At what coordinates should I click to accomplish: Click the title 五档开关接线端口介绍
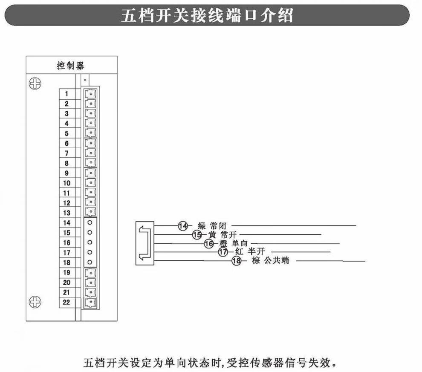(207, 16)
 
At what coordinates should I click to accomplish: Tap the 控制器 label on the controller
(71, 66)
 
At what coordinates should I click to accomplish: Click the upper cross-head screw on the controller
(34, 83)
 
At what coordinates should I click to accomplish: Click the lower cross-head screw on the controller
(34, 302)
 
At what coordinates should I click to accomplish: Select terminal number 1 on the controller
(66, 94)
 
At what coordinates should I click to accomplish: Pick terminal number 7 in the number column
(66, 153)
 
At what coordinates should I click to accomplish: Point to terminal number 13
(66, 213)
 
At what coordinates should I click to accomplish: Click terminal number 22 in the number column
(66, 302)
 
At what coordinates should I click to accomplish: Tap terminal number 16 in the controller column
(66, 242)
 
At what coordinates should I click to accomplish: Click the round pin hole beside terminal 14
(90, 223)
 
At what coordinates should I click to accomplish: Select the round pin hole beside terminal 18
(90, 262)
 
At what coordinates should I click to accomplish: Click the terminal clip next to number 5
(90, 133)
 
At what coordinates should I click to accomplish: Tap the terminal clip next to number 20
(90, 282)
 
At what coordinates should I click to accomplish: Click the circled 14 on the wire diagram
(183, 226)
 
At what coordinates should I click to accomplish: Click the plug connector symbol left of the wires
(145, 243)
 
